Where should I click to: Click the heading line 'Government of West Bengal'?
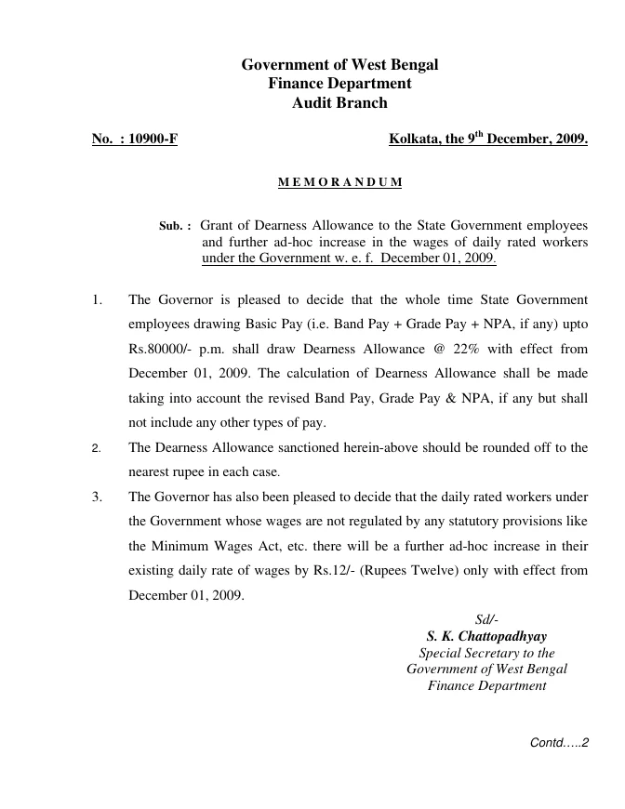339,65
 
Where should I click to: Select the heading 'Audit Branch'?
339,103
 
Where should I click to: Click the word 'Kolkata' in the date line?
414,140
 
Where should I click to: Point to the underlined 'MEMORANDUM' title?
339,182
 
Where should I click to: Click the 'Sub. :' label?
176,225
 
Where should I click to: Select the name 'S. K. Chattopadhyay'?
486,637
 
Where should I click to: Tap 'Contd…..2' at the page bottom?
560,743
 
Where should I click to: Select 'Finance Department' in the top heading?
339,84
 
